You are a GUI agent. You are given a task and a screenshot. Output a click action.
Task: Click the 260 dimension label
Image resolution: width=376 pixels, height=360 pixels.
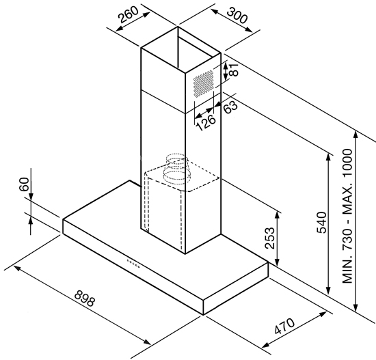(x=129, y=14)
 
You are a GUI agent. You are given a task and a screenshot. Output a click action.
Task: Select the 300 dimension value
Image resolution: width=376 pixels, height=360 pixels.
(x=237, y=16)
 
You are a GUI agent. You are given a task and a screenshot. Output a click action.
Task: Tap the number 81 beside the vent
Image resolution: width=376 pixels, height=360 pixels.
(x=234, y=70)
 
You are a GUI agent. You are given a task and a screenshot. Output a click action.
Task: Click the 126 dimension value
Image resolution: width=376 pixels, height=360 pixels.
(x=206, y=123)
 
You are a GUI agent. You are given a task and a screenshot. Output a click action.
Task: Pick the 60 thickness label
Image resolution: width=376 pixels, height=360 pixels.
(x=24, y=184)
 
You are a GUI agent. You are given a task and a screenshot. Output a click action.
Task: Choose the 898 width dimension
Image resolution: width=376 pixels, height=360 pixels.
(x=85, y=299)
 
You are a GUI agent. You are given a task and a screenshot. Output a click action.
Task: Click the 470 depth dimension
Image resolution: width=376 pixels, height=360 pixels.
(x=284, y=326)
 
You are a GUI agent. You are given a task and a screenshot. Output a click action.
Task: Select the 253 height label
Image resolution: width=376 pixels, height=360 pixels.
(x=269, y=238)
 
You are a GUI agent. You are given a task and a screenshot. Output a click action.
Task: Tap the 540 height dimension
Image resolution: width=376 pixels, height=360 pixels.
(x=322, y=222)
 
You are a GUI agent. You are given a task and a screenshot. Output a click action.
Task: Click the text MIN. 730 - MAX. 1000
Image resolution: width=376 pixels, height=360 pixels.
(x=347, y=217)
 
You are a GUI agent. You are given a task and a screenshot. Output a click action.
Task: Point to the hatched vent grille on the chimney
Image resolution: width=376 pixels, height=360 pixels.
(x=204, y=83)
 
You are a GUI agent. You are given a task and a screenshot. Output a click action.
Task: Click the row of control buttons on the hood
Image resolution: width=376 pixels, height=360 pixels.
(x=133, y=263)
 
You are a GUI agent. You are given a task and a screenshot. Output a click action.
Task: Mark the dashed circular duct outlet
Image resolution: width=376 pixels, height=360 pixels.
(x=176, y=169)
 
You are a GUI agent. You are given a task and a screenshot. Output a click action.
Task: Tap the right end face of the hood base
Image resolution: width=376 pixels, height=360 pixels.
(x=235, y=288)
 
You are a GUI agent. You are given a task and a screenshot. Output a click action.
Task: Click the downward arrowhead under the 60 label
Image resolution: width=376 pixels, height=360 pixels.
(x=31, y=195)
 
